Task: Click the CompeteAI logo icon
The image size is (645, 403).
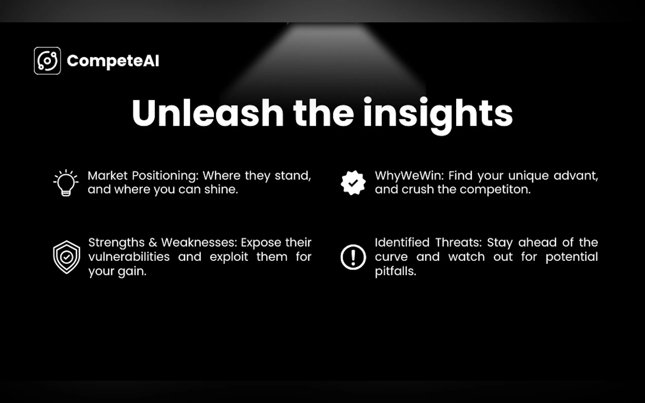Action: click(x=47, y=60)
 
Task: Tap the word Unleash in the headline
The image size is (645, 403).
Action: click(x=208, y=112)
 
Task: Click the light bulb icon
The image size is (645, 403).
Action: click(x=66, y=183)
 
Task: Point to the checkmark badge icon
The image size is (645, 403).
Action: click(x=353, y=183)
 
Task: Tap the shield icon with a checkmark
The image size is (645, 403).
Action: click(x=66, y=257)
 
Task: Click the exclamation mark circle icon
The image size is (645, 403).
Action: click(x=353, y=257)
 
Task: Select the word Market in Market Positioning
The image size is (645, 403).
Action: click(x=108, y=176)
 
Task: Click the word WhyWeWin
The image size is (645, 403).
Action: click(x=409, y=176)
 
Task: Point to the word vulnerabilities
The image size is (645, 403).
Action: click(x=129, y=257)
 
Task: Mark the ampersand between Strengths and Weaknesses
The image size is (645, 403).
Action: click(x=153, y=243)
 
